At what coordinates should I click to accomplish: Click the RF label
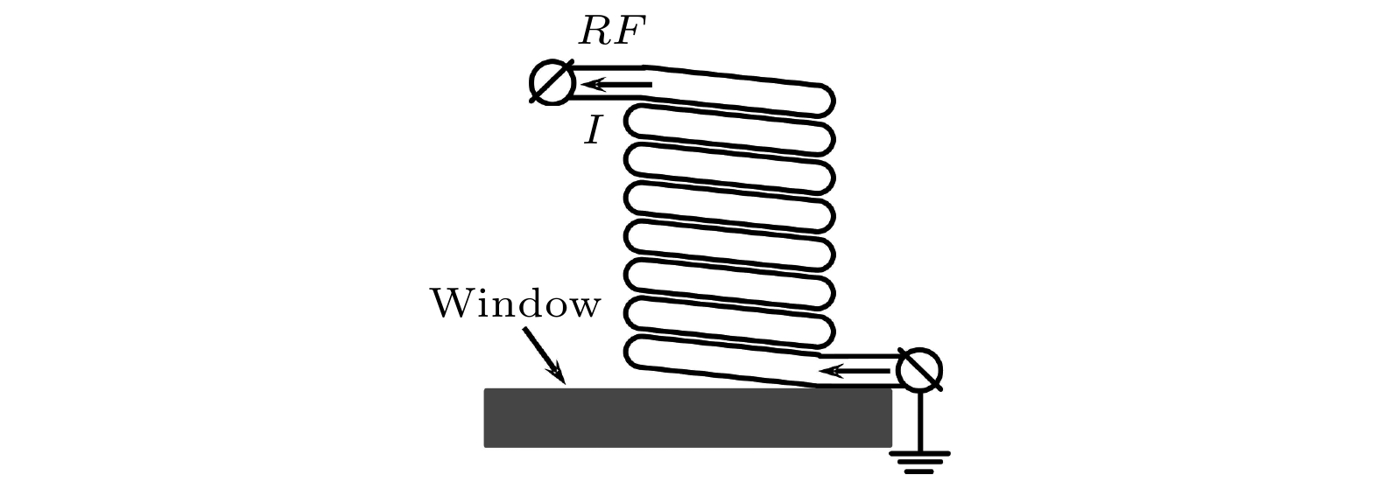pos(612,32)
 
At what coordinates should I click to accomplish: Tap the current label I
pos(594,132)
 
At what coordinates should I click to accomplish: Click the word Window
pos(516,305)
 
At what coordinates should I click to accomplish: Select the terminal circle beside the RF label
pos(552,83)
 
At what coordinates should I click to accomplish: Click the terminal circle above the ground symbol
pos(920,370)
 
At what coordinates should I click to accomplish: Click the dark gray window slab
pos(687,418)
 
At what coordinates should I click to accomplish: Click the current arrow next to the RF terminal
pos(616,85)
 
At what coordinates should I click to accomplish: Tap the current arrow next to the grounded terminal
pos(854,371)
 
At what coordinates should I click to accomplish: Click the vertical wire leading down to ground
pos(919,420)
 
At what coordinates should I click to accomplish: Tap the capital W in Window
pos(449,305)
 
